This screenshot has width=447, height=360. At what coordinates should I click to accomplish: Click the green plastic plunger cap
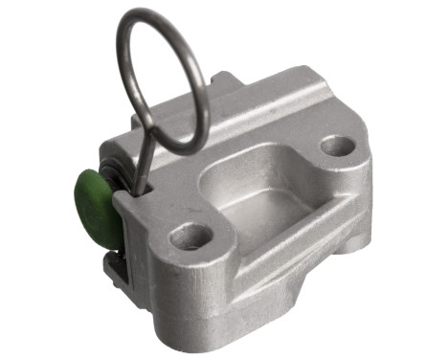(x=94, y=206)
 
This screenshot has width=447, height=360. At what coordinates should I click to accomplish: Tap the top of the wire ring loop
(x=159, y=12)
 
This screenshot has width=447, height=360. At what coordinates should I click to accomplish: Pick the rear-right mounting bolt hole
(x=337, y=146)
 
